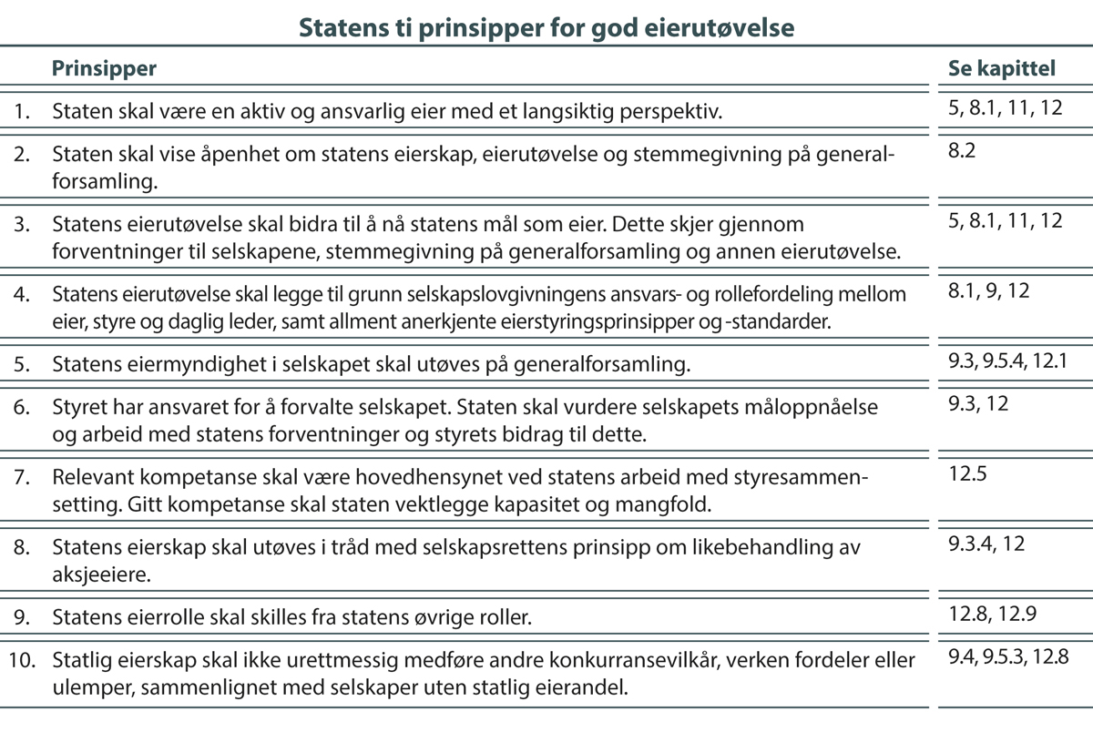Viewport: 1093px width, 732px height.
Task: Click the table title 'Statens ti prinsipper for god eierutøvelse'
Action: click(x=546, y=28)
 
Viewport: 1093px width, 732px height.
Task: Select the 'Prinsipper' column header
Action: click(x=103, y=68)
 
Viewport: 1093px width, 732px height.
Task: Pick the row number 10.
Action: click(x=24, y=658)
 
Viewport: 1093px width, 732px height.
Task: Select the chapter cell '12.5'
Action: click(x=967, y=473)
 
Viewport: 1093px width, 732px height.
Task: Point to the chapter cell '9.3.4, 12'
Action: click(x=986, y=544)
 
